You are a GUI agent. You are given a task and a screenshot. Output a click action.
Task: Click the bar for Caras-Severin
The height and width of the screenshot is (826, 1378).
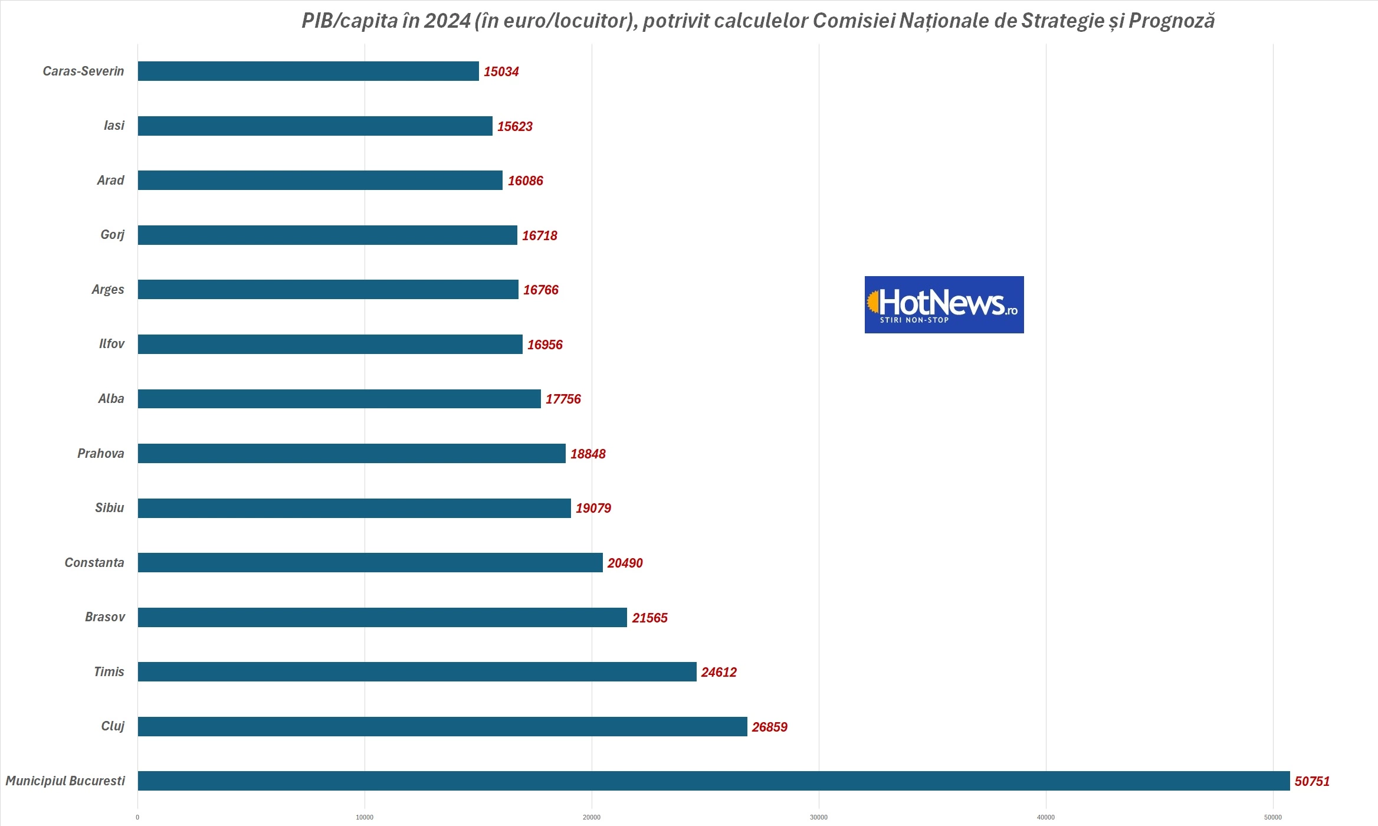(x=308, y=71)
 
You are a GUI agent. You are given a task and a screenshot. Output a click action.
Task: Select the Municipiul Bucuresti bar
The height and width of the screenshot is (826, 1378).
(x=714, y=781)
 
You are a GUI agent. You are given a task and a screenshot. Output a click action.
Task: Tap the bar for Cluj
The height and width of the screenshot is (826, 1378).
(x=442, y=726)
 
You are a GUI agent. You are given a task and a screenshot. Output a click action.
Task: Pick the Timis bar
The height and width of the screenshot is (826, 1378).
(x=417, y=671)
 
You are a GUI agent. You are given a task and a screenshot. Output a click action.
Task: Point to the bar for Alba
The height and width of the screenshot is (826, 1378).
(x=339, y=399)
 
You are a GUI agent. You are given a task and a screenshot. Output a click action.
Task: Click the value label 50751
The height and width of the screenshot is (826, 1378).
(x=1312, y=781)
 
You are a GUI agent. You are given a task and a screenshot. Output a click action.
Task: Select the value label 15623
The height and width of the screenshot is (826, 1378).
(x=514, y=126)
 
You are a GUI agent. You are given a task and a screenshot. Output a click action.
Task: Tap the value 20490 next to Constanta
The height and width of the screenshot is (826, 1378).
(x=625, y=563)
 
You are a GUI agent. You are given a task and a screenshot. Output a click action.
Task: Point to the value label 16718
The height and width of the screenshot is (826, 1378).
(x=539, y=235)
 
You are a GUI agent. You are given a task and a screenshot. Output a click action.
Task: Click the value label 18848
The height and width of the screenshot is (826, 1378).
(x=588, y=454)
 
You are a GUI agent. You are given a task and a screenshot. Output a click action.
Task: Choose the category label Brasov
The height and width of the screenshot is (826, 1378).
(x=105, y=617)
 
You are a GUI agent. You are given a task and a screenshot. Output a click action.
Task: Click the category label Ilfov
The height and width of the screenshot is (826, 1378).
(x=111, y=344)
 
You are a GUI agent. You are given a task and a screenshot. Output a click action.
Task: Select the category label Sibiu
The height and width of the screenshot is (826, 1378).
(x=110, y=508)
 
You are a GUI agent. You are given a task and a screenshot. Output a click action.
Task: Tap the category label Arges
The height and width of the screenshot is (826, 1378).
(x=108, y=290)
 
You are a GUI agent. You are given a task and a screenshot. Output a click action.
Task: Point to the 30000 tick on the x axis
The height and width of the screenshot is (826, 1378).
(x=818, y=817)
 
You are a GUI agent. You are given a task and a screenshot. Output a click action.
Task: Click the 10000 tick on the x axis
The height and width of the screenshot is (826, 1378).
(x=365, y=817)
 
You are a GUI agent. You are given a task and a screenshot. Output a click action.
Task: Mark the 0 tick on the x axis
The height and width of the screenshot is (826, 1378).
(x=137, y=817)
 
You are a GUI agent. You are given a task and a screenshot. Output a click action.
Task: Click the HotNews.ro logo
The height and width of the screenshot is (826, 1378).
(x=944, y=304)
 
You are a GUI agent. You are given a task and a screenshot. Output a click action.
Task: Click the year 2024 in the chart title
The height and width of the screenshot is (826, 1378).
(x=447, y=21)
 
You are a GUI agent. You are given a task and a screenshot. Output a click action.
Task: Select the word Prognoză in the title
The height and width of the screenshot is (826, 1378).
(x=1172, y=21)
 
